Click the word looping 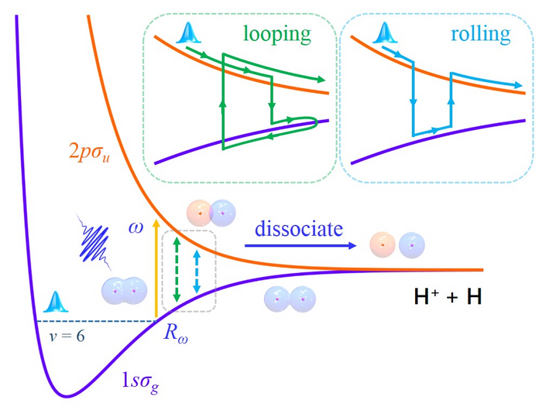click(277, 35)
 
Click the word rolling click(481, 34)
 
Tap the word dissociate click(299, 229)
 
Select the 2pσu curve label click(89, 152)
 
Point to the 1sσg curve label click(140, 381)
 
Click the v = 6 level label click(67, 336)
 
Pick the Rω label click(176, 333)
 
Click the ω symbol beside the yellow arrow click(135, 228)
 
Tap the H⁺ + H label click(448, 296)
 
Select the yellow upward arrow click(156, 268)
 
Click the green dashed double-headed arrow click(177, 270)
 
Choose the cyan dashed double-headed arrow click(197, 272)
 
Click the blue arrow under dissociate click(300, 246)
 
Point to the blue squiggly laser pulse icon click(94, 242)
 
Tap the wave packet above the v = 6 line click(56, 302)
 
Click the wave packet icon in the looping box click(189, 32)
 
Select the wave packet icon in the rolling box click(385, 32)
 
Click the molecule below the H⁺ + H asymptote click(290, 299)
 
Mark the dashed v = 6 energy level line click(97, 321)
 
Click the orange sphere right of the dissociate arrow click(382, 245)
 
